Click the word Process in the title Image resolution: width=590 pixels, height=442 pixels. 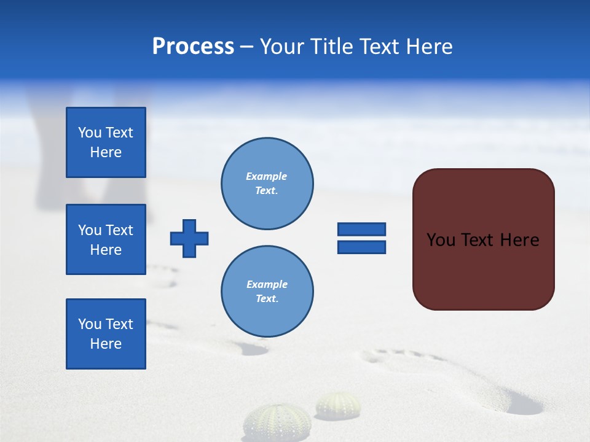193,47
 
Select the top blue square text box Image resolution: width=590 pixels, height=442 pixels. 106,142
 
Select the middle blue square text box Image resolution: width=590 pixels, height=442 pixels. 106,239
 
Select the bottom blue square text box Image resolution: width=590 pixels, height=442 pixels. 106,334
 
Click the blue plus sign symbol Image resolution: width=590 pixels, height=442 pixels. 189,238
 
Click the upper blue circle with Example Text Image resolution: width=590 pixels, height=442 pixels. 267,184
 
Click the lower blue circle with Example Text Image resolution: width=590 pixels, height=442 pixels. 267,292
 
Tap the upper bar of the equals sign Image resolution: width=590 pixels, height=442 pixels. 361,229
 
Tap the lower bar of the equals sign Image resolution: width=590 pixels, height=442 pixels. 361,247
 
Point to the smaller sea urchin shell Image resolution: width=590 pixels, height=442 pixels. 338,405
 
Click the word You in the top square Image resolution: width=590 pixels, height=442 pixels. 90,133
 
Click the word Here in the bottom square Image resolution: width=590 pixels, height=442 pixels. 106,344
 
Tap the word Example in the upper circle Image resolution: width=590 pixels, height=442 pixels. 266,176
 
